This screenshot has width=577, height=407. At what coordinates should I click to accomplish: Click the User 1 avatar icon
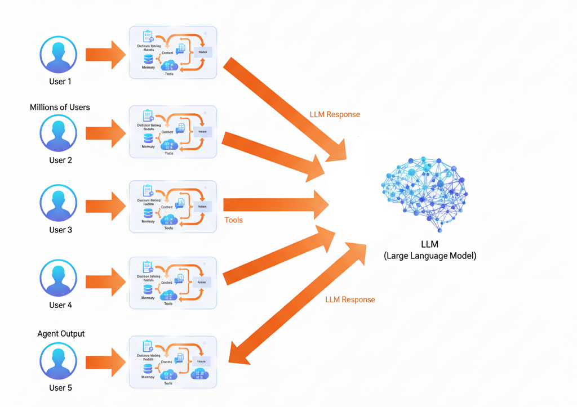(59, 55)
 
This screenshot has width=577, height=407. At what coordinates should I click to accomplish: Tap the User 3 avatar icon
(59, 203)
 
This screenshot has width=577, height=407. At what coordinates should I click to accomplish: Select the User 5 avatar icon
(59, 361)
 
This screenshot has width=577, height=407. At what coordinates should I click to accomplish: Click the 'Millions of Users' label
(60, 107)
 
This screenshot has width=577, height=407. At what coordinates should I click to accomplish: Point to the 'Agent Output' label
(61, 333)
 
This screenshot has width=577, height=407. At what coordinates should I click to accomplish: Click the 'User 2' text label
(60, 160)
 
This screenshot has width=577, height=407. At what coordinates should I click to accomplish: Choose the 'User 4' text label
(60, 305)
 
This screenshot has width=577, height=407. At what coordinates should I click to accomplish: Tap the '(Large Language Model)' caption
(430, 256)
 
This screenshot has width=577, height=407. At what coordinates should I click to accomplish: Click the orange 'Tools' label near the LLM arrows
(233, 220)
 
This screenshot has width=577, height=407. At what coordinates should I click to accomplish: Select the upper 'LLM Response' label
(335, 114)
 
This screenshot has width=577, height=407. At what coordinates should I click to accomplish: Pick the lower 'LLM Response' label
(350, 299)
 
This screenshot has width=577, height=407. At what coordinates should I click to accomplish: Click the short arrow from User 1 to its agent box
(105, 55)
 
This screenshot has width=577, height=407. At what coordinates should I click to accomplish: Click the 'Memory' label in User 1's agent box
(148, 68)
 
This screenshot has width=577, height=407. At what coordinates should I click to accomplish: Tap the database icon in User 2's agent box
(148, 138)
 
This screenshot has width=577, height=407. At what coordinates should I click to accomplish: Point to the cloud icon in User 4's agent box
(168, 296)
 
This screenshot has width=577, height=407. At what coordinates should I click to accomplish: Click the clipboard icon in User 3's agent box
(148, 190)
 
